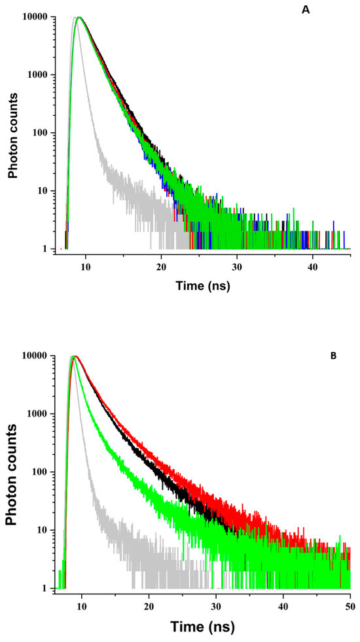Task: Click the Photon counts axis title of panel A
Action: [12, 134]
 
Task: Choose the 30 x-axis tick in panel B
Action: [216, 605]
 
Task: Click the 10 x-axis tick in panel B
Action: [82, 605]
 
